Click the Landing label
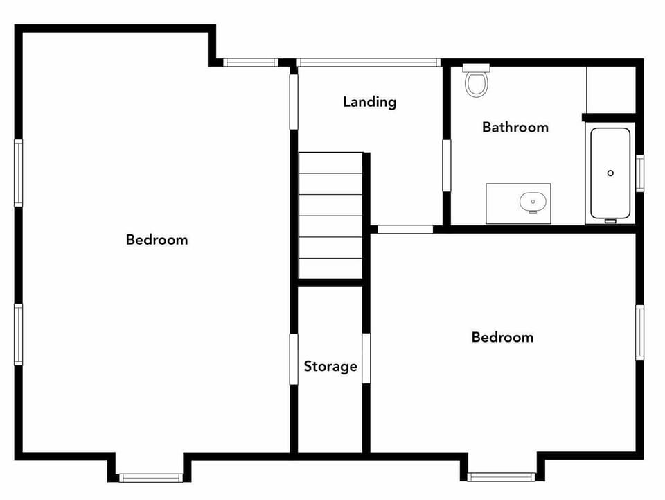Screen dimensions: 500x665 point(370,102)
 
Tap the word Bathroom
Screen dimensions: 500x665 point(515,127)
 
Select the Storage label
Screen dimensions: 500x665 point(330,366)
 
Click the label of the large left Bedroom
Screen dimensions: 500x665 point(157,240)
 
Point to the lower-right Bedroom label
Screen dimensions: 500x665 point(502,337)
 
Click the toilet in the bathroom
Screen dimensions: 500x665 point(476,80)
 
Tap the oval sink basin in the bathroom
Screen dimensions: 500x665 point(533,202)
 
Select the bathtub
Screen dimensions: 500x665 point(610,173)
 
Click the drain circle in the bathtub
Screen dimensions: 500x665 point(610,173)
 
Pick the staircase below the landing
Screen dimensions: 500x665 point(330,215)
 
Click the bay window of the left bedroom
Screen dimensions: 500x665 point(150,477)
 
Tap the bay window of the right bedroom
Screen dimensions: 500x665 point(501,476)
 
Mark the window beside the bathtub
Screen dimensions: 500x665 point(639,173)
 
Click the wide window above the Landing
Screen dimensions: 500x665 point(369,62)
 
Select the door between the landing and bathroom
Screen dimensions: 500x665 point(447,165)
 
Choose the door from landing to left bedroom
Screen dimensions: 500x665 point(294,101)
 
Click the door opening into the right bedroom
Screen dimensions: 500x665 point(405,230)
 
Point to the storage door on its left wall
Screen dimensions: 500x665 point(294,359)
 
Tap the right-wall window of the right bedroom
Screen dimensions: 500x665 point(639,332)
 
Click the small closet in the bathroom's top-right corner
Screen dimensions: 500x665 point(610,88)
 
